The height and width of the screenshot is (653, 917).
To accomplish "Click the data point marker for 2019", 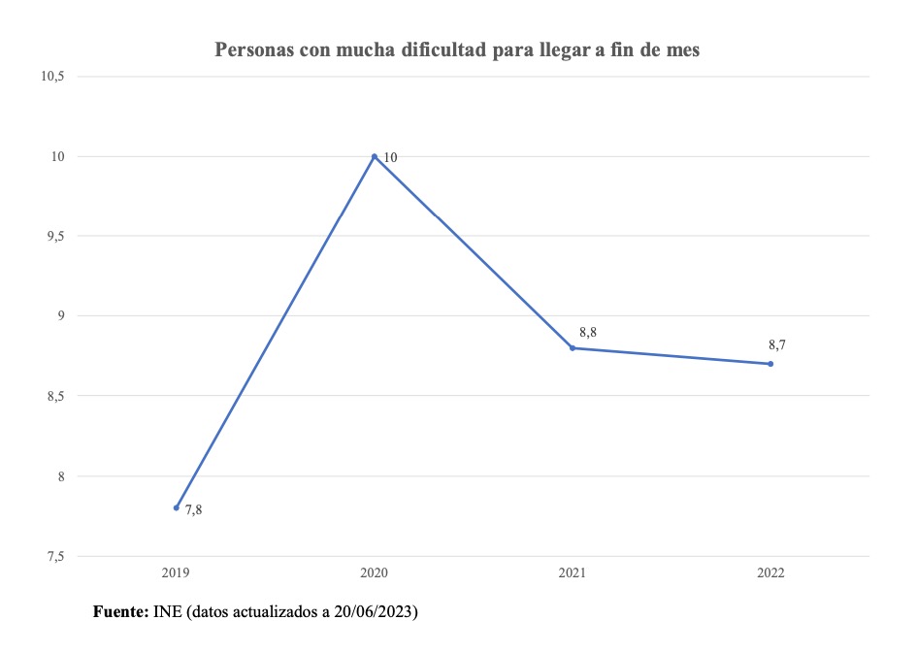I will pos(177,507).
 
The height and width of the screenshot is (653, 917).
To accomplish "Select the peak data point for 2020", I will pos(375,156).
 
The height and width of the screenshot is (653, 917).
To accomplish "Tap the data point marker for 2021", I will pos(573,347).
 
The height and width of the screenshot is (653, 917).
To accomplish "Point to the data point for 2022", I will pos(770,364).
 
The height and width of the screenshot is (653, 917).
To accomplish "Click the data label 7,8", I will pos(193,510).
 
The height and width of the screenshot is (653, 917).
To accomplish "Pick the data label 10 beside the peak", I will pos(390,157).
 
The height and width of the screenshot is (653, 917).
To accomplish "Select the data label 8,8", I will pos(587,332).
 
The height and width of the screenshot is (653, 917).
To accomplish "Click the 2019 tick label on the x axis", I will pos(177,573).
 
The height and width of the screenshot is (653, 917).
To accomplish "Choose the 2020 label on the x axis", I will pos(375,573).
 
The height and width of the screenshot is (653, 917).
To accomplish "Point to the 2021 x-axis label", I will pos(573,573).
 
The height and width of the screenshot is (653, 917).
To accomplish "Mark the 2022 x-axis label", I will pos(770,573).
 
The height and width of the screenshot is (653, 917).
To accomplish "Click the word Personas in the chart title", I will pos(251,49).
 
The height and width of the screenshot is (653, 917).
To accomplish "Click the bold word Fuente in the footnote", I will pos(120,612).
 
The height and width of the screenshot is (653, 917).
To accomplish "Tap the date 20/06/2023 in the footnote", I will pos(375,612).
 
